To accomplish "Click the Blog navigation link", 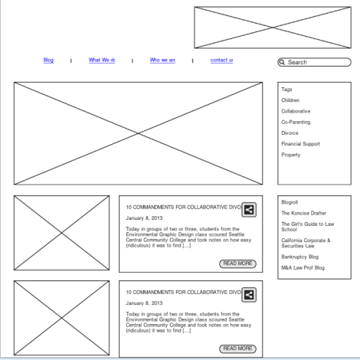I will click(48, 60).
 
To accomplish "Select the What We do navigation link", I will click(102, 60).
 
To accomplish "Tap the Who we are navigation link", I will click(162, 60).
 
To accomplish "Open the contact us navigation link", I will click(221, 60).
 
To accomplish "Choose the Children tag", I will click(290, 100).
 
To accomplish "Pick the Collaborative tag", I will click(296, 111).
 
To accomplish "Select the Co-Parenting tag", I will click(296, 122).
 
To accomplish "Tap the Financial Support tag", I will click(300, 143).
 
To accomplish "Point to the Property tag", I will click(290, 155).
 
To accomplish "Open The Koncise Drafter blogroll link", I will click(303, 213).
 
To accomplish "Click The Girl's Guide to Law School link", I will click(306, 227).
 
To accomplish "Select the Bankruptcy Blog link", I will click(299, 257).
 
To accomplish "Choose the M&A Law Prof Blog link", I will click(303, 267).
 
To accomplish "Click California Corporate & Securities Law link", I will click(306, 243).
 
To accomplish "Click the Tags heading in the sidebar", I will click(286, 90).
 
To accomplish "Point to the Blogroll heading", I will click(290, 202).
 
